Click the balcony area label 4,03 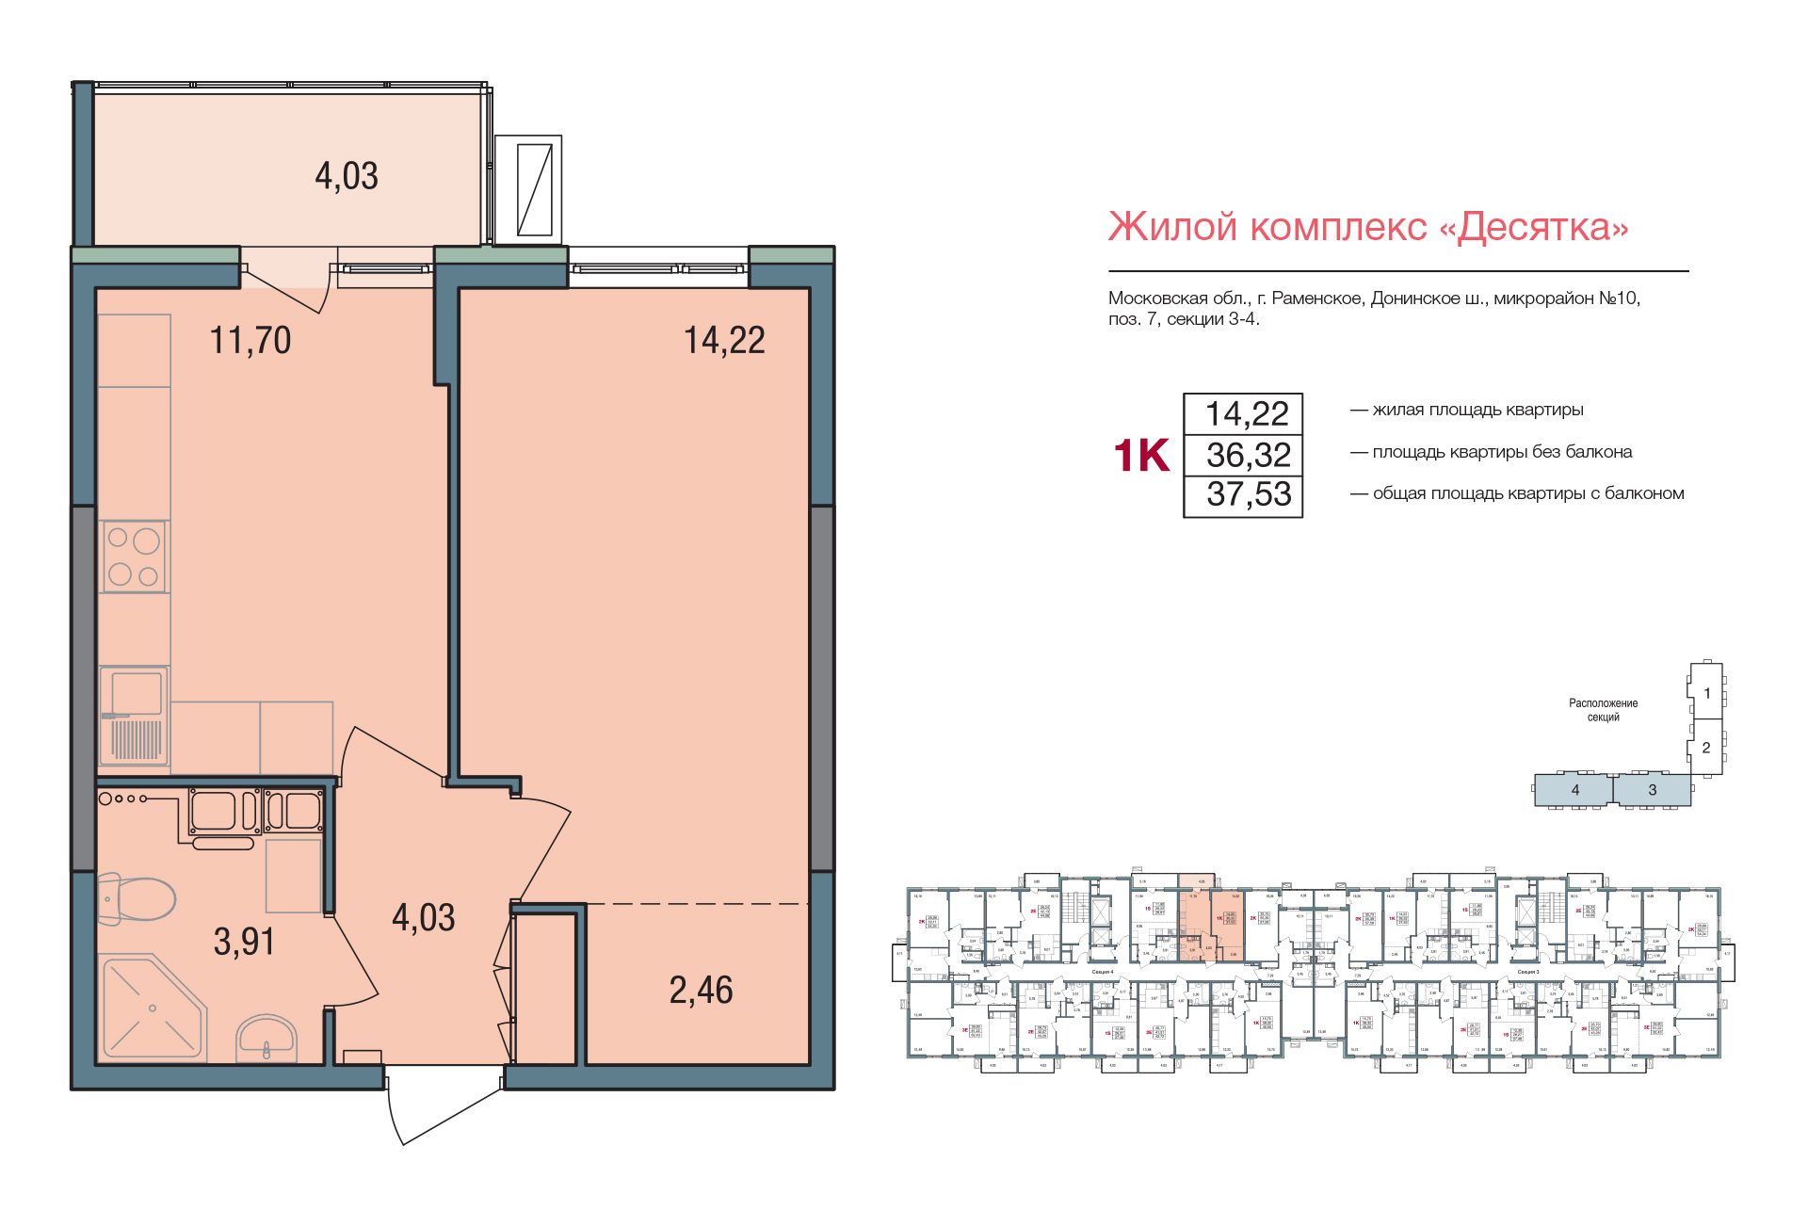click(x=347, y=176)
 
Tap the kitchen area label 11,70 click(x=250, y=340)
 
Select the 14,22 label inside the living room click(x=724, y=340)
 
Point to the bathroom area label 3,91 click(x=244, y=941)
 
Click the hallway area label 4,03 click(x=423, y=917)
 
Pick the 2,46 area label click(x=701, y=990)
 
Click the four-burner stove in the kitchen click(x=134, y=557)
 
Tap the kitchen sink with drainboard click(x=134, y=716)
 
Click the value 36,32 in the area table click(x=1248, y=455)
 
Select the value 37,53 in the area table click(x=1248, y=494)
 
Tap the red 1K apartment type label click(x=1141, y=456)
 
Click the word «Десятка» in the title click(x=1542, y=227)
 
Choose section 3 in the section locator click(x=1652, y=790)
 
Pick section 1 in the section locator click(x=1706, y=693)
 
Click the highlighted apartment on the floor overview click(x=1211, y=928)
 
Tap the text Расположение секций click(x=1603, y=710)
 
